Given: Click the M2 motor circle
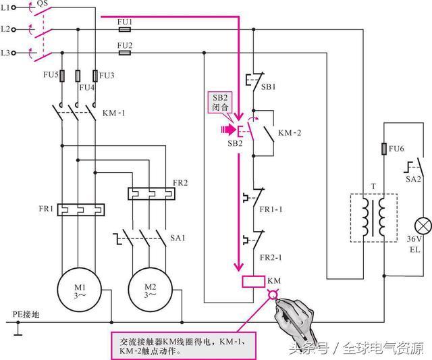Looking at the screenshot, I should (148, 288).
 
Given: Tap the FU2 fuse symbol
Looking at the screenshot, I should (124, 52).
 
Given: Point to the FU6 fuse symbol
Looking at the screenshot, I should (384, 149).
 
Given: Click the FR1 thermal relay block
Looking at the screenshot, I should (79, 210).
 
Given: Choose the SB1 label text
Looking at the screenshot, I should (268, 87).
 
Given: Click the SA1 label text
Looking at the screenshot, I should (177, 238).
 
